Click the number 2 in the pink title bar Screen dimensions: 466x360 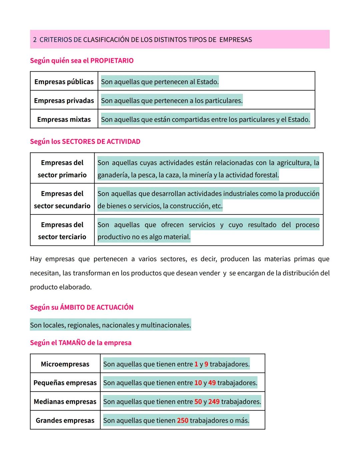coord(35,40)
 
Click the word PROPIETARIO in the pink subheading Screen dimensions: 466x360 coord(112,61)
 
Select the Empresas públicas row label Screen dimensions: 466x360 coord(64,82)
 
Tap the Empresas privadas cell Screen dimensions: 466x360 coord(64,100)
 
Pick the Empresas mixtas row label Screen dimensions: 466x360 coord(64,119)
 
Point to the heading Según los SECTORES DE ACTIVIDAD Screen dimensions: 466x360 coord(85,141)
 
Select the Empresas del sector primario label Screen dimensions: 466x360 coord(62,169)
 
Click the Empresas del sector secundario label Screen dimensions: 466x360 coord(62,199)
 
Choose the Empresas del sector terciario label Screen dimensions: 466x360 coord(62,230)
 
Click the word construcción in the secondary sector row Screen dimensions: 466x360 coord(191,206)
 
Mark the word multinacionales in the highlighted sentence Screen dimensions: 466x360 coord(166,325)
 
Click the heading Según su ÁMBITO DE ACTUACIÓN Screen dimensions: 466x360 coord(82,307)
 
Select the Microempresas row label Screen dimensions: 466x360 coord(65,364)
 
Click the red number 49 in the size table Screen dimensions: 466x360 coord(212,383)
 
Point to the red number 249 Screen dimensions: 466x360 coord(214,402)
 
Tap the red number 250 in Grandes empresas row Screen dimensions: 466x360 coord(183,420)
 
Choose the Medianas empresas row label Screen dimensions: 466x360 coord(65,402)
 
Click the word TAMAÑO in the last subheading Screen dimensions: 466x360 coord(72,343)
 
